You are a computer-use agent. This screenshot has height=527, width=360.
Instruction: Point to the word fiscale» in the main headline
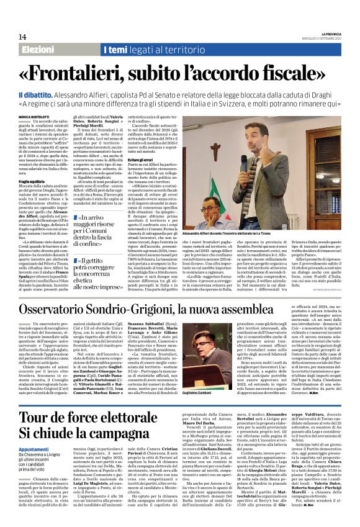pyautogui.click(x=287, y=73)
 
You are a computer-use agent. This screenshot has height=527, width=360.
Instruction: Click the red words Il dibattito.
pyautogui.click(x=40, y=92)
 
